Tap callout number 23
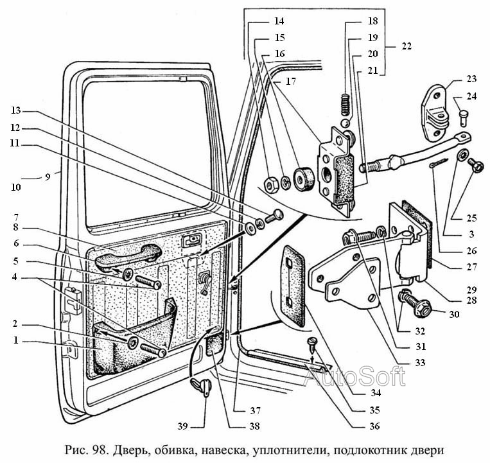click(472, 80)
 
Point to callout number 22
click(405, 46)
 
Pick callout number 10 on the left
click(15, 188)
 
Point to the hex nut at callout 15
click(270, 184)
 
